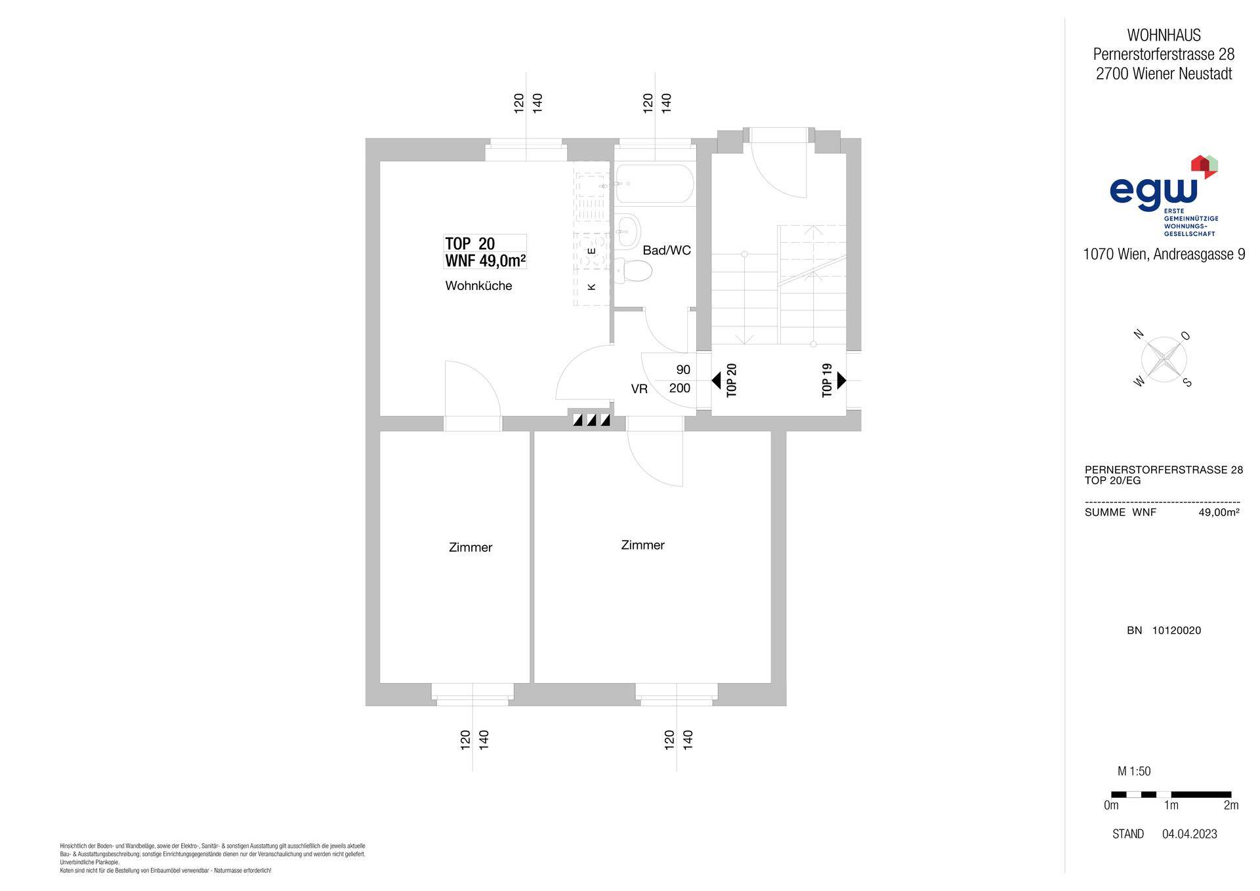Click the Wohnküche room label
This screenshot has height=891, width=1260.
478,286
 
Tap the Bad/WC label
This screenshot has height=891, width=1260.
667,250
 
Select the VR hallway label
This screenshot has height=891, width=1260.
639,389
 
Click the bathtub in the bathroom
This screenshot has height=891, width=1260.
654,183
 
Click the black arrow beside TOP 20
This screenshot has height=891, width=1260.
717,380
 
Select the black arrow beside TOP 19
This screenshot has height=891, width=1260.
841,380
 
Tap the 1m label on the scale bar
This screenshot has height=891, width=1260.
1171,805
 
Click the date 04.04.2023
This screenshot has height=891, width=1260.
1189,834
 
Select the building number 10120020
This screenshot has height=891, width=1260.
1177,631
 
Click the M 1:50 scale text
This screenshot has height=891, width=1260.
1134,772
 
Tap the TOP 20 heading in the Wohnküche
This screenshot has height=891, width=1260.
470,243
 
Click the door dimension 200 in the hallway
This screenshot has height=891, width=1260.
680,388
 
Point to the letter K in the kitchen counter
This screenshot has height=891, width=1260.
591,286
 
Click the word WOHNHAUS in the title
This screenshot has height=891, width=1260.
1164,35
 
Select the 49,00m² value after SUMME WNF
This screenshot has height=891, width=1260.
1219,512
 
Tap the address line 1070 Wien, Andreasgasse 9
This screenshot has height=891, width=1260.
1164,254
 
